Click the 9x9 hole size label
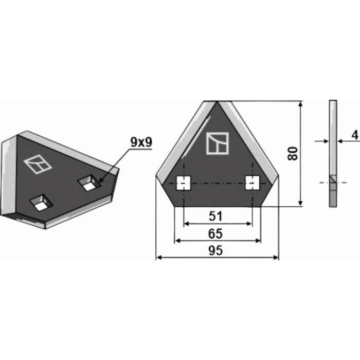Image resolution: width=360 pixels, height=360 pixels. (x=141, y=143)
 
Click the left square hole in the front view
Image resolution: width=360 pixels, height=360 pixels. (x=183, y=183)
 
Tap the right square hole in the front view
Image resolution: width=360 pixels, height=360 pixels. (x=251, y=183)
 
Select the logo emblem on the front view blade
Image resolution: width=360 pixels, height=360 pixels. (x=217, y=143)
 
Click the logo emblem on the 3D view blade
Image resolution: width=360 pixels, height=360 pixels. (x=35, y=164)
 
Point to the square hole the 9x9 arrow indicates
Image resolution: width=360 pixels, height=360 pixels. (x=89, y=183)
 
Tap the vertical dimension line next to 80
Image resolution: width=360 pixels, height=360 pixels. (x=301, y=153)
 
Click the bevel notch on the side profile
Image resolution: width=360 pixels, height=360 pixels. (x=333, y=182)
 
